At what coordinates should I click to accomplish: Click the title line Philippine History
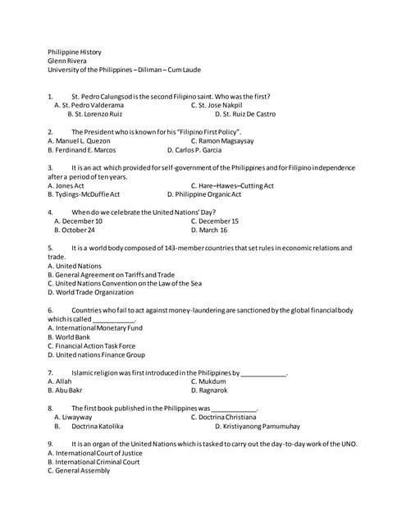pos(74,52)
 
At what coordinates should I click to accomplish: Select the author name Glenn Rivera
pos(66,61)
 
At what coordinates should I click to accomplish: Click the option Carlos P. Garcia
pos(194,150)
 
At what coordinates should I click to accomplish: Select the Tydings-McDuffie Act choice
pos(84,194)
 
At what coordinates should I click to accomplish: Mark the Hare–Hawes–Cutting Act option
pos(232,185)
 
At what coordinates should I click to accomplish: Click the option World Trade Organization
pos(90,292)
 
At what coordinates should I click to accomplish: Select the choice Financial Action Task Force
pos(91,345)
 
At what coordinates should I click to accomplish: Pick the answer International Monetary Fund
pos(94,328)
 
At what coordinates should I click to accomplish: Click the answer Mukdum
pos(208,381)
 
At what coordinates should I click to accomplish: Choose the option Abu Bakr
pos(65,390)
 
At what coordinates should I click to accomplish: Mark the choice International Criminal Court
pos(94,462)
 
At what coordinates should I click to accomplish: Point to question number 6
pos(51,310)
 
